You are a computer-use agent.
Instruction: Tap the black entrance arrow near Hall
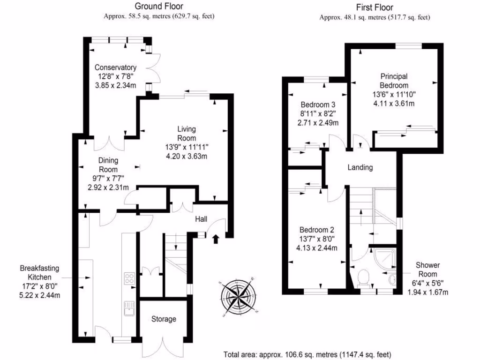pos(216,240)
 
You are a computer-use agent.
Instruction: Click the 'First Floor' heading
pos(375,7)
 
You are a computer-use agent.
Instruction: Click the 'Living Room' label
pos(187,133)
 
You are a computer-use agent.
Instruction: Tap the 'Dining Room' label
pos(108,165)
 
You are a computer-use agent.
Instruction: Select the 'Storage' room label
pos(164,319)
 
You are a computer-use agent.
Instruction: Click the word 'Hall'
pos(201,219)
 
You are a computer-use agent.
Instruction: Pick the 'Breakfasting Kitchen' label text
pos(39,273)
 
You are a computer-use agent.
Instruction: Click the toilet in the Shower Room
pos(363,278)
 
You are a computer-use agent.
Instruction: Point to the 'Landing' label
pos(360,167)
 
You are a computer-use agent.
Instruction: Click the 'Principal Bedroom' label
pos(394,81)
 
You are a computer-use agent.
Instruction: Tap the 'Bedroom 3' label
pos(317,104)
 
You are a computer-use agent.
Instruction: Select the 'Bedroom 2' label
pos(317,230)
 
